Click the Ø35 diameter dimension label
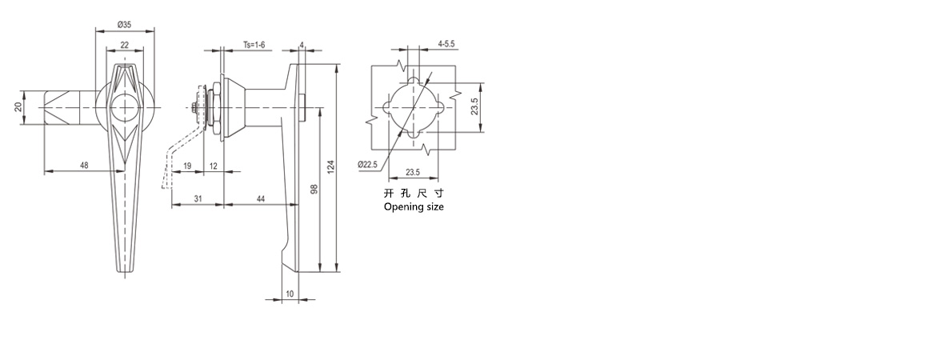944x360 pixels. coord(125,25)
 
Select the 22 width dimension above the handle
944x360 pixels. coord(125,45)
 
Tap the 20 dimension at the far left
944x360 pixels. coord(18,106)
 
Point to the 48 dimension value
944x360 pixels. coord(84,165)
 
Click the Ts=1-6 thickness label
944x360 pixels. coord(254,45)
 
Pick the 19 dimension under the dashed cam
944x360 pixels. coord(187,165)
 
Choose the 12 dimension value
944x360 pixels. coord(214,165)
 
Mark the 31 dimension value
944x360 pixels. coord(198,198)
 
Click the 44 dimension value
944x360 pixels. coord(261,198)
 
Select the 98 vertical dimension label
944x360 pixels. coord(314,189)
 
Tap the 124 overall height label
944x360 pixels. coord(330,166)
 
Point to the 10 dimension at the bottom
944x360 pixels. coord(290,294)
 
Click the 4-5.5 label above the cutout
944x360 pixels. coord(446,45)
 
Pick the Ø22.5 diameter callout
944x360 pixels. coord(367,164)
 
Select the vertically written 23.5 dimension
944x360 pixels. coord(474,106)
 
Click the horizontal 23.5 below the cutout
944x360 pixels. coord(412,172)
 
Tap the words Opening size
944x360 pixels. coord(414,206)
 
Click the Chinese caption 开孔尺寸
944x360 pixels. coord(414,194)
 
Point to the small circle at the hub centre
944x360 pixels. coord(125,107)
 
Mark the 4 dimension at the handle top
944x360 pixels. coord(302,45)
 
